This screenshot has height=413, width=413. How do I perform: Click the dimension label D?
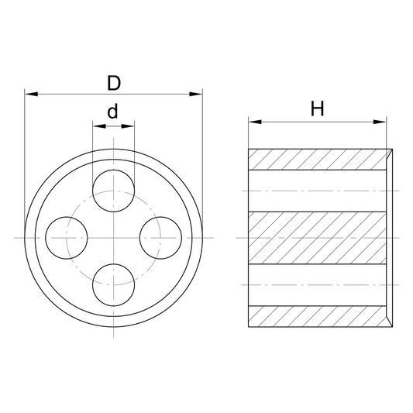point(114,83)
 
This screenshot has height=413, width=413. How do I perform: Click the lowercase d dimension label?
point(112,111)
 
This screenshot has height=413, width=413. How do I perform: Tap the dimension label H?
point(317,108)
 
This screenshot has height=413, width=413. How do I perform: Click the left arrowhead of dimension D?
point(31,94)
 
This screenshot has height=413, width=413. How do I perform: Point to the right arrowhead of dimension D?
point(196,94)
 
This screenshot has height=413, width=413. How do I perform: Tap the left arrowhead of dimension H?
point(255,122)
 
